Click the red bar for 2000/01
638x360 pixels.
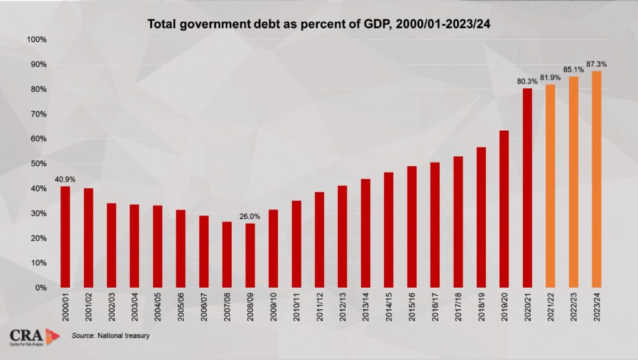tap(65, 237)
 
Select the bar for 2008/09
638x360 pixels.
tap(250, 255)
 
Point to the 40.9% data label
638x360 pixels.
tap(65, 179)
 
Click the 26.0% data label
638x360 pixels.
tap(250, 217)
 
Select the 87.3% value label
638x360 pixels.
tap(596, 64)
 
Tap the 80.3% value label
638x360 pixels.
tap(527, 81)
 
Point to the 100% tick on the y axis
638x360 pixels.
tap(37, 40)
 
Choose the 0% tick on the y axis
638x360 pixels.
tap(41, 288)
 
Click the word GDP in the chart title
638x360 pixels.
tap(354, 24)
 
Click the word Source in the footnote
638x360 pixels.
tap(83, 336)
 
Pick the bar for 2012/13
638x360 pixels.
tap(342, 237)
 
